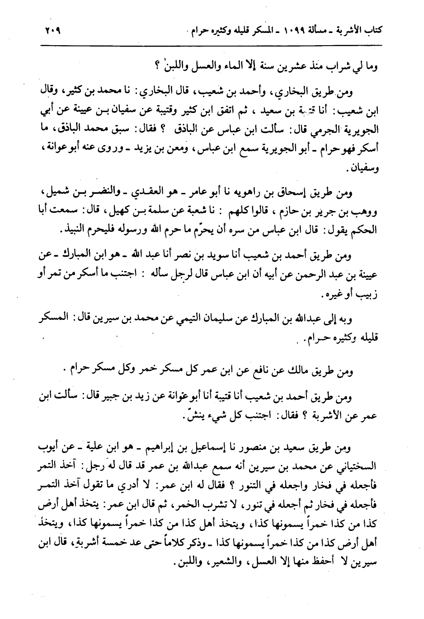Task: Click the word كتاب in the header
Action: tap(369, 32)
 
